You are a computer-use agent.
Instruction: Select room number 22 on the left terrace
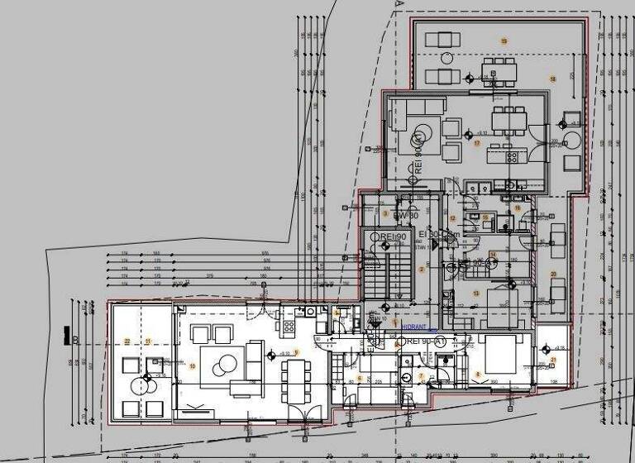coord(127,341)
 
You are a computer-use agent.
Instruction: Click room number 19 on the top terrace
coord(504,40)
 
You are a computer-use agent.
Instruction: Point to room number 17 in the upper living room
coord(477,142)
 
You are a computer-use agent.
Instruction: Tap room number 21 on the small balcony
coord(553,360)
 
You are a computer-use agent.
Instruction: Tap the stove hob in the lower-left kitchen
coord(289,326)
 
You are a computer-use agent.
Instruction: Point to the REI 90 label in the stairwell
coord(391,237)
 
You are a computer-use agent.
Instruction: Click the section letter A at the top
coord(399,5)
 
